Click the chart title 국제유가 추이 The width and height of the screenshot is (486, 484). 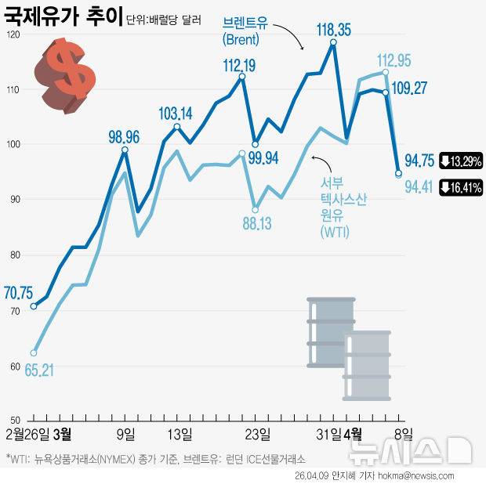click(63, 15)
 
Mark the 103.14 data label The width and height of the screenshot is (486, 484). click(176, 114)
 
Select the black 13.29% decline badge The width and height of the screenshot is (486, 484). click(461, 161)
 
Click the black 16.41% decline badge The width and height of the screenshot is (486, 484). click(461, 187)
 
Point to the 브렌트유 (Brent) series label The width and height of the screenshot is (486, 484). click(245, 31)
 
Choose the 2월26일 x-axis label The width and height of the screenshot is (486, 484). click(27, 433)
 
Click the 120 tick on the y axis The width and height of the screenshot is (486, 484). click(11, 35)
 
